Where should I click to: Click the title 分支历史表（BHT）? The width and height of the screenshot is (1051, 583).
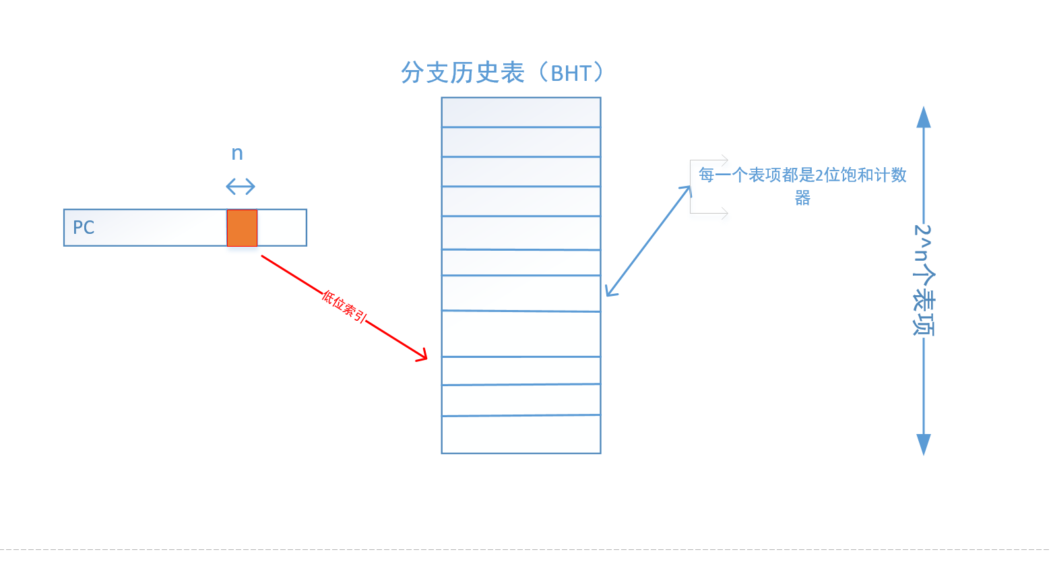click(x=501, y=73)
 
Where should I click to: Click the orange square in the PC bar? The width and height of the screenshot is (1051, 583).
click(x=242, y=228)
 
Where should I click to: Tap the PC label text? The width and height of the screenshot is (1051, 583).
click(x=84, y=228)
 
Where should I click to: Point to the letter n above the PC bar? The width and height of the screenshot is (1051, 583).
click(x=237, y=154)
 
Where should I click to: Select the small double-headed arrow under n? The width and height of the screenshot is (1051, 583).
click(x=241, y=186)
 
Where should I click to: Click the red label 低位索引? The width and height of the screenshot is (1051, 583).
click(x=344, y=307)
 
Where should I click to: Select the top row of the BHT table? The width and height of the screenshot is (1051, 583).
click(x=521, y=112)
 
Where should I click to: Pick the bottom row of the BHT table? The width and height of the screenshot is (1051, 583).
click(x=521, y=435)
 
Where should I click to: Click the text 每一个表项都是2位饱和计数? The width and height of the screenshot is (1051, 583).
click(x=802, y=175)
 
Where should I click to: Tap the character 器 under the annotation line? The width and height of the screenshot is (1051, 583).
click(x=802, y=198)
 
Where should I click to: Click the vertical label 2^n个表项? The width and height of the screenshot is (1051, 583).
click(x=923, y=280)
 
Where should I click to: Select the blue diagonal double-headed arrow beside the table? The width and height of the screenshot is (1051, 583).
click(x=648, y=241)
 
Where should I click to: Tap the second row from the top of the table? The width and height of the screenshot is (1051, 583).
click(x=521, y=142)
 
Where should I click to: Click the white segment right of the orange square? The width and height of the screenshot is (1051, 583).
click(x=282, y=228)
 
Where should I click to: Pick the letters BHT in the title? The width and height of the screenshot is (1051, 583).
click(x=571, y=73)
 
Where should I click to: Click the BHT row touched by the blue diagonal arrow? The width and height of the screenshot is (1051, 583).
click(x=521, y=293)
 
